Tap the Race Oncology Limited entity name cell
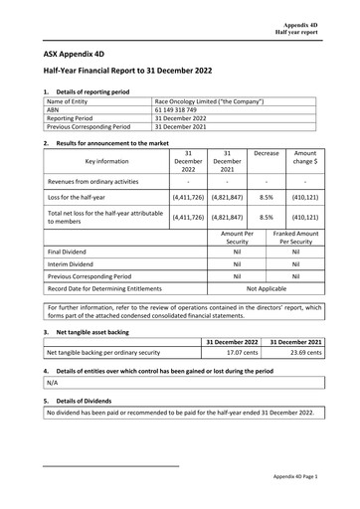[209, 100]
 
